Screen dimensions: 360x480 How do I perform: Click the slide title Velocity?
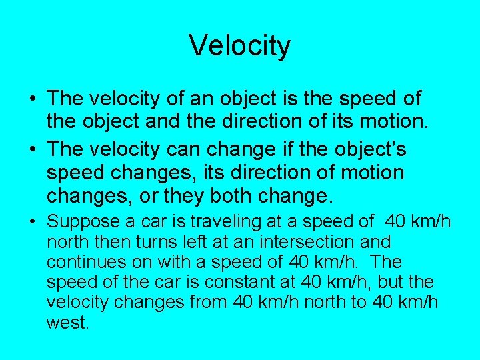tap(239, 46)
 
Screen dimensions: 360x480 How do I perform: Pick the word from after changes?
tap(209, 302)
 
